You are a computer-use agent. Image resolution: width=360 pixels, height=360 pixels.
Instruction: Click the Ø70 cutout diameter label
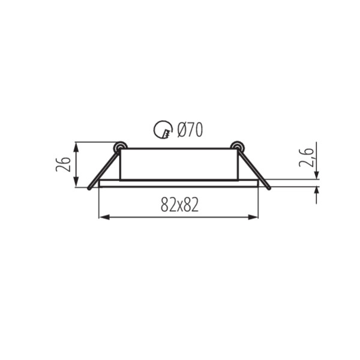point(190,129)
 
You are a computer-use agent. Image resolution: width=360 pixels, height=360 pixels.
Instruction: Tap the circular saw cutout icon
point(163,130)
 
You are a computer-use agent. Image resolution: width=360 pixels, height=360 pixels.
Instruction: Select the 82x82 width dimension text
point(179,205)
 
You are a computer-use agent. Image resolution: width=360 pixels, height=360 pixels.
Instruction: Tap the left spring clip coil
point(120,146)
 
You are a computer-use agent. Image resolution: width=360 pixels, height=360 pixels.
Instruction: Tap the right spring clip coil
point(237,146)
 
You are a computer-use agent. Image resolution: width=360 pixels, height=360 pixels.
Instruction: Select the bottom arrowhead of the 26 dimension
point(77,183)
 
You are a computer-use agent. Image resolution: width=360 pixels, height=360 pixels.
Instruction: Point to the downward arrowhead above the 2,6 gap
point(316,175)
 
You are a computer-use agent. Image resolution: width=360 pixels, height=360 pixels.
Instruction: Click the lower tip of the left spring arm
point(90,188)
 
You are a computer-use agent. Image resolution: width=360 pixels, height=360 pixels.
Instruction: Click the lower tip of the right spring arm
point(269,188)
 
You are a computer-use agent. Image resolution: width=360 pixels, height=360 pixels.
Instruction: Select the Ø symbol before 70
point(182,129)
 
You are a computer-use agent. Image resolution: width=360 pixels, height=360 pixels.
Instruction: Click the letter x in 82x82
point(179,206)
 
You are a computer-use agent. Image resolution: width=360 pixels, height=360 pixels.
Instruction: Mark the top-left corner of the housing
point(121,149)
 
